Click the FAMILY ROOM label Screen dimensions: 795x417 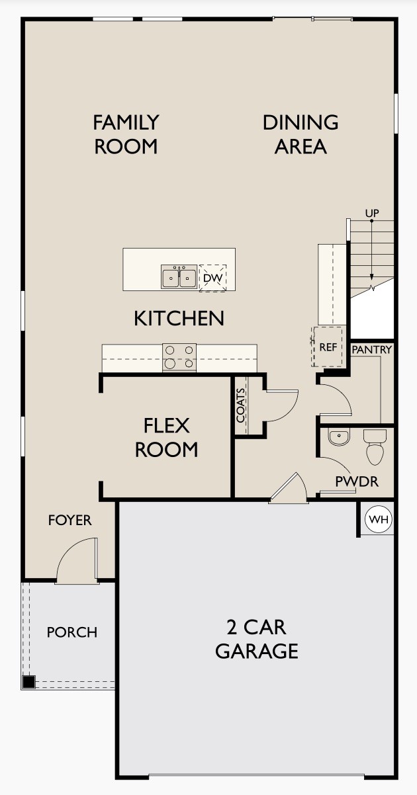click(126, 134)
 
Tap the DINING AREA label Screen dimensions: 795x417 click(301, 134)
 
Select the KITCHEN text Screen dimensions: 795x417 click(179, 318)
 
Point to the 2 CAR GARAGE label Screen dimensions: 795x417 click(257, 638)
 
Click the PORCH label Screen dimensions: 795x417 click(71, 632)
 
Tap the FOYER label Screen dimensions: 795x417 click(69, 521)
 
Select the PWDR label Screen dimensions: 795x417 click(357, 481)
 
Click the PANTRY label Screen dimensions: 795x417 click(371, 349)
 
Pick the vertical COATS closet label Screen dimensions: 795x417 click(240, 405)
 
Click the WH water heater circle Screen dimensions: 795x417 click(379, 520)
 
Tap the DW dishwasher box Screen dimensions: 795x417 click(212, 278)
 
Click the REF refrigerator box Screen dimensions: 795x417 click(328, 346)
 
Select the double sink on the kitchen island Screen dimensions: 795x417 click(179, 277)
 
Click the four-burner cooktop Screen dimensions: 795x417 click(179, 357)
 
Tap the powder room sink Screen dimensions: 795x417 click(338, 437)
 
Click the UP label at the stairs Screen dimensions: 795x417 click(372, 213)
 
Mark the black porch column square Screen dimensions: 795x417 click(28, 682)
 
